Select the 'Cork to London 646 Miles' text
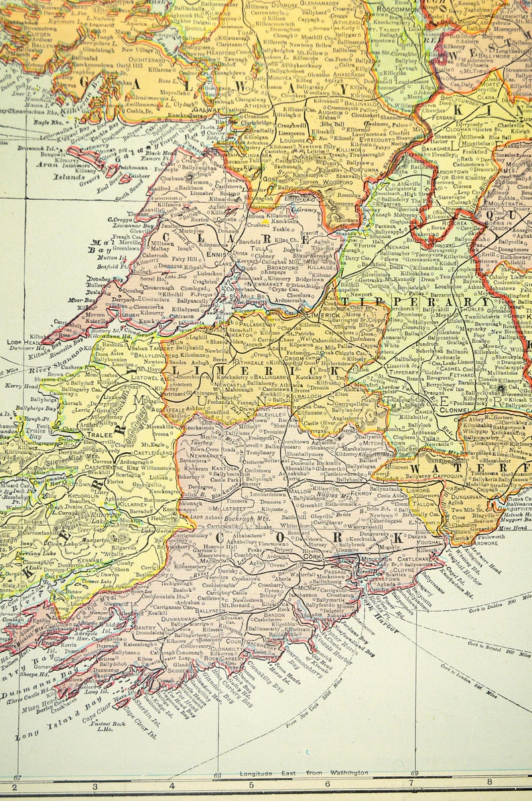pyautogui.click(x=502, y=681)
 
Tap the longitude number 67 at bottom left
pyautogui.click(x=17, y=776)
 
